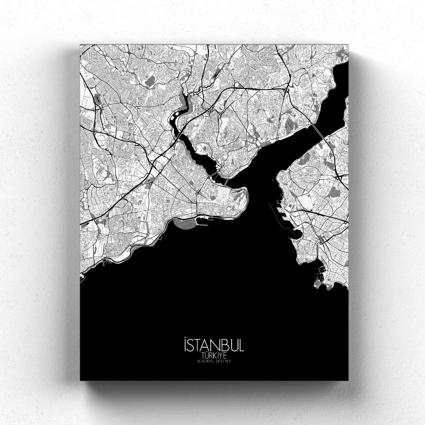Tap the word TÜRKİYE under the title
coord(214,355)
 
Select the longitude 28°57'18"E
coord(224,362)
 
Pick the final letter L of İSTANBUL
coord(241,345)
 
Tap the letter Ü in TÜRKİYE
coord(205,355)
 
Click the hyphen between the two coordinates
coord(215,362)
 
